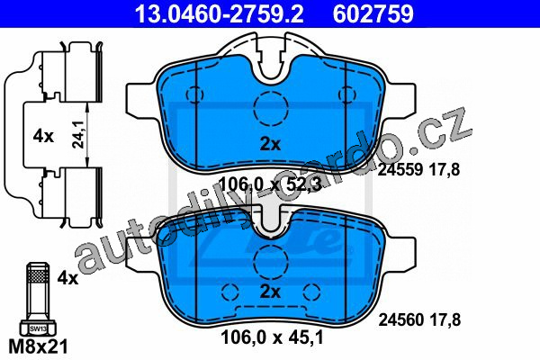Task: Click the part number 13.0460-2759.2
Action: [x=220, y=14]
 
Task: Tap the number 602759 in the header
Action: [x=373, y=14]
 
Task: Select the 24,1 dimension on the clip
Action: [x=79, y=136]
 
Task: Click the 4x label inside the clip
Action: [x=43, y=137]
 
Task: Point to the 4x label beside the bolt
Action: [x=67, y=278]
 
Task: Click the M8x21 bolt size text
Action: [x=38, y=346]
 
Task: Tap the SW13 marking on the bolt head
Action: [x=38, y=328]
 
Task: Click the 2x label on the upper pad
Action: [x=270, y=144]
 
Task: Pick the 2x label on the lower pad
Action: [x=270, y=292]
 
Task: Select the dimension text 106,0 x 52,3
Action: [x=270, y=184]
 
